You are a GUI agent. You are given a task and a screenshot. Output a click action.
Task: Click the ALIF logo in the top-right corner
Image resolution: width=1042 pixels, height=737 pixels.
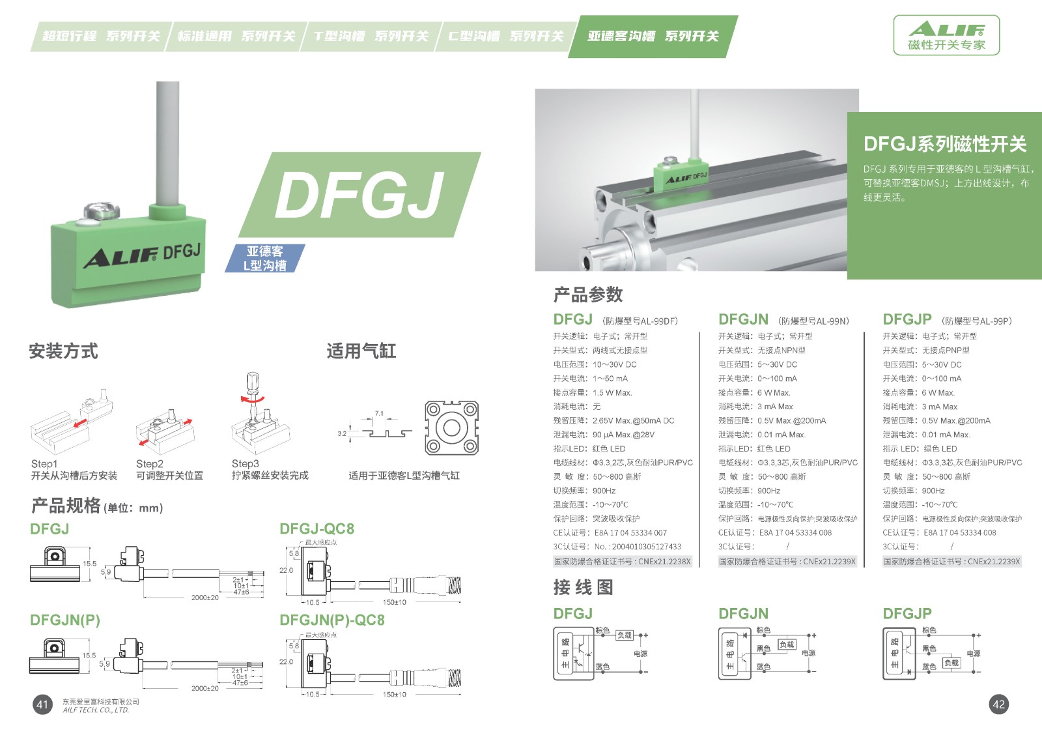(x=946, y=35)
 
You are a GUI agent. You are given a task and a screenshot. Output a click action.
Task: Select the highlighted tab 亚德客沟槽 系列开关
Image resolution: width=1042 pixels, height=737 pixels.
(x=653, y=36)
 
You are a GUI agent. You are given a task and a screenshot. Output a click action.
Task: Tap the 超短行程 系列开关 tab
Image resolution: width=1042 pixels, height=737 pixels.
(x=101, y=36)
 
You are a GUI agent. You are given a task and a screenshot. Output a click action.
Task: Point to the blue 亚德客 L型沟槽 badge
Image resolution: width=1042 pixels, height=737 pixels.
(x=264, y=258)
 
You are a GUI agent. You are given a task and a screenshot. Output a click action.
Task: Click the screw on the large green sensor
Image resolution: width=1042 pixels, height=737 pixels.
(x=102, y=212)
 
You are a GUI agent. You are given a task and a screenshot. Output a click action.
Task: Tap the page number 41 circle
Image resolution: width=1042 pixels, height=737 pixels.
(x=42, y=704)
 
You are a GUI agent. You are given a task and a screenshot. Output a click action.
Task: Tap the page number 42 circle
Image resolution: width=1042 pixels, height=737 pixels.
(x=998, y=704)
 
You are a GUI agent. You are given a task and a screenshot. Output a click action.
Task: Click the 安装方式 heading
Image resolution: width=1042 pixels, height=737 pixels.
(x=63, y=351)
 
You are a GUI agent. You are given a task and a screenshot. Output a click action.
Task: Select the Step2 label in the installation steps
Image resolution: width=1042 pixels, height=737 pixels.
(x=150, y=464)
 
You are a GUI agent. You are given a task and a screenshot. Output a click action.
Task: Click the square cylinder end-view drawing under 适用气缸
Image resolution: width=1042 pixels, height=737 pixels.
(x=451, y=428)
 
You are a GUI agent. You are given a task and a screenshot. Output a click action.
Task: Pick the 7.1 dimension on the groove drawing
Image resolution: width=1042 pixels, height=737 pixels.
(x=379, y=414)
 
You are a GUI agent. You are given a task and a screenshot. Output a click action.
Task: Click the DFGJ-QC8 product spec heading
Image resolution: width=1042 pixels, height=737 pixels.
(x=317, y=528)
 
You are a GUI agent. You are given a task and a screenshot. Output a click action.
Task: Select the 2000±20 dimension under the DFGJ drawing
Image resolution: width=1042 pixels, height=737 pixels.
(x=205, y=598)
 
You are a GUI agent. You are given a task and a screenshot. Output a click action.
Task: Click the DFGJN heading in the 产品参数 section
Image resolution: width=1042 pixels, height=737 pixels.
(x=743, y=319)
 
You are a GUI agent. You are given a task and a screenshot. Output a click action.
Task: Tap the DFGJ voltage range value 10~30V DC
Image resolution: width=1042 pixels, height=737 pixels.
(x=614, y=365)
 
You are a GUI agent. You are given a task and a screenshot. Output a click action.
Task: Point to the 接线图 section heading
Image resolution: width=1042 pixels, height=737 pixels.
(x=583, y=588)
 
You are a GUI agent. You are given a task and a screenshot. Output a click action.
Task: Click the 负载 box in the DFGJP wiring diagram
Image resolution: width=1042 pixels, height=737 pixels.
(x=951, y=663)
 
